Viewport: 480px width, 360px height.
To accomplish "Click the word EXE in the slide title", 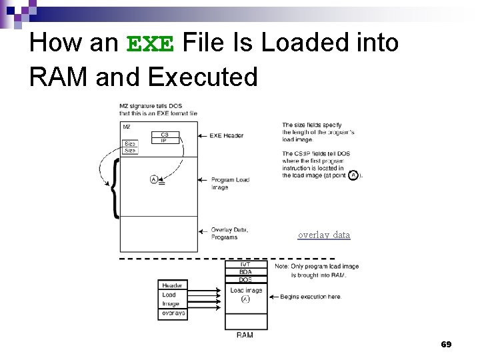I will pyautogui.click(x=150, y=44).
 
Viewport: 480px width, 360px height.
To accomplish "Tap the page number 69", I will pyautogui.click(x=446, y=344).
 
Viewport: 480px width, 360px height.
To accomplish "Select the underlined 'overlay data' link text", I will pyautogui.click(x=324, y=235).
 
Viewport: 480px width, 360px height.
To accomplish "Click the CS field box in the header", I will pyautogui.click(x=165, y=134).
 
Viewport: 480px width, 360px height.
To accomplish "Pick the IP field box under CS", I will pyautogui.click(x=165, y=141).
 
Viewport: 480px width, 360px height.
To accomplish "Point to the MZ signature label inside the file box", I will pyautogui.click(x=127, y=126).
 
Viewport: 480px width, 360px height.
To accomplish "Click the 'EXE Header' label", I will pyautogui.click(x=227, y=135).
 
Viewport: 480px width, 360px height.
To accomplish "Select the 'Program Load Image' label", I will pyautogui.click(x=230, y=183).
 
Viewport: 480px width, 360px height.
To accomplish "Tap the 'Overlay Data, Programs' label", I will pyautogui.click(x=229, y=233).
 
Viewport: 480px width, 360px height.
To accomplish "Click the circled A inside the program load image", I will pyautogui.click(x=154, y=179).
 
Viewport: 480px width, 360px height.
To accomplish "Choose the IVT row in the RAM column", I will pyautogui.click(x=246, y=265).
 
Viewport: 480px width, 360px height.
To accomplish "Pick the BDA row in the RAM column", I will pyautogui.click(x=246, y=273).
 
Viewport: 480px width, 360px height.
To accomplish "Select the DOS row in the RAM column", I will pyautogui.click(x=246, y=280).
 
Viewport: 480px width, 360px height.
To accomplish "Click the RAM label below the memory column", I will pyautogui.click(x=245, y=335).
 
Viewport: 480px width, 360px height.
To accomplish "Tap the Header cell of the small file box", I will pyautogui.click(x=172, y=285).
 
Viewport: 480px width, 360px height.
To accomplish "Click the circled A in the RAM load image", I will pyautogui.click(x=245, y=300).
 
